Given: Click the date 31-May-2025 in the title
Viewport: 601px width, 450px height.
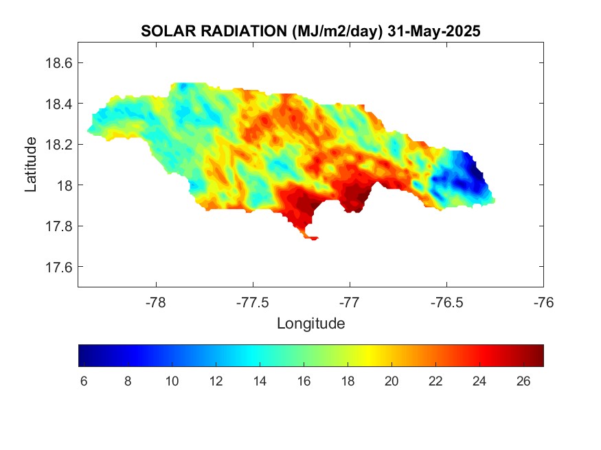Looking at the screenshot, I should pos(433,32).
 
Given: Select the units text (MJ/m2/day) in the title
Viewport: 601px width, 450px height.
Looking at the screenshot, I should pos(329,32).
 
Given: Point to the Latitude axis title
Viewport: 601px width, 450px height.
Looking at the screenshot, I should pos(31,164).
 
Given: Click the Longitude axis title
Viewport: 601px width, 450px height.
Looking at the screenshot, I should pos(310,323).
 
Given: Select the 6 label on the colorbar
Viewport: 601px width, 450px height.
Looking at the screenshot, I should pos(84,381).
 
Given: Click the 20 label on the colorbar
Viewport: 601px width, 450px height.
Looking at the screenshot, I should pos(392,381).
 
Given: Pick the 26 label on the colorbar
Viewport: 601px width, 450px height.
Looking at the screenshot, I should pos(523,381).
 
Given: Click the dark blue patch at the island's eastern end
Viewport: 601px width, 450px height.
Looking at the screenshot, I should pos(470,171).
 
